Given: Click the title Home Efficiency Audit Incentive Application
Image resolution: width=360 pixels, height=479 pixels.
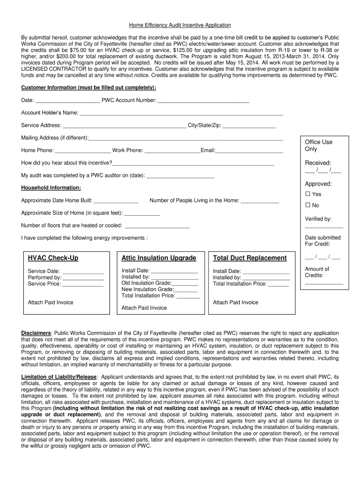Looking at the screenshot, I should point(180,25).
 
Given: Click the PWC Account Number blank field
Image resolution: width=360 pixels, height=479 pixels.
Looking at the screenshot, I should point(203,101).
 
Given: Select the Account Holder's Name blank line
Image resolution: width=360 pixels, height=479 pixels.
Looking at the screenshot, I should point(181,113).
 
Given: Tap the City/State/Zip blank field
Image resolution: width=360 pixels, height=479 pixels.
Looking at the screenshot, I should point(249,126).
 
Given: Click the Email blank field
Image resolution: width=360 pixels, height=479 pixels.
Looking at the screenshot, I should point(249,151).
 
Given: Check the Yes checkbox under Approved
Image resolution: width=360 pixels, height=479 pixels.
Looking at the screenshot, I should point(308,194).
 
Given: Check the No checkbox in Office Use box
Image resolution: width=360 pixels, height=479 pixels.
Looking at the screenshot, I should point(308,205).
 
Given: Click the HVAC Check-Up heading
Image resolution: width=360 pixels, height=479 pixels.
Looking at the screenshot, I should point(53,258).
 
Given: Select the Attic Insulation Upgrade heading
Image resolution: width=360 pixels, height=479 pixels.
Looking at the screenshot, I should point(159,258).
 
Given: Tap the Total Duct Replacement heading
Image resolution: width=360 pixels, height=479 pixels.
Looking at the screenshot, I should point(250,258).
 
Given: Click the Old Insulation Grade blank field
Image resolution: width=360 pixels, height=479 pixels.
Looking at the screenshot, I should point(185,283).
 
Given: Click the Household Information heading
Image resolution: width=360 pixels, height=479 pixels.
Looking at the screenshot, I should point(51,188).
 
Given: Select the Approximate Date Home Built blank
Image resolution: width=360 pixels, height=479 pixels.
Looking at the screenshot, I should point(116,201).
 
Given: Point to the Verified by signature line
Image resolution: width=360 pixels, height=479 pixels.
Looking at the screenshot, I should point(324,227).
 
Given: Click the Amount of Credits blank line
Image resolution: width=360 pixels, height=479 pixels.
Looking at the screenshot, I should point(324,283).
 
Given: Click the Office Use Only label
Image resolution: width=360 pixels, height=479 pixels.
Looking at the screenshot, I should point(318,145).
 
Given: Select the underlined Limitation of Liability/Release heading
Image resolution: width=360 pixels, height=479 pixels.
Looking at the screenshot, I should point(59,377).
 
